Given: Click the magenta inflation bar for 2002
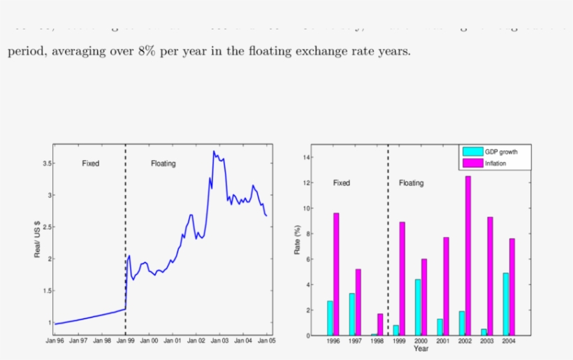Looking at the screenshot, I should [467, 255].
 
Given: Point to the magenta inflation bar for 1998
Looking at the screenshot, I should [380, 324].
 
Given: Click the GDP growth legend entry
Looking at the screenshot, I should [500, 152].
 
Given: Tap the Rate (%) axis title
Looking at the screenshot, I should [297, 240].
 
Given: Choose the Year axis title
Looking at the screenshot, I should [421, 348].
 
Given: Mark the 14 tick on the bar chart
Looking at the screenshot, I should [305, 157].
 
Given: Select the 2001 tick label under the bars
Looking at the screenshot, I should [443, 341].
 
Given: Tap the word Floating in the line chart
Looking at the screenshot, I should [164, 164].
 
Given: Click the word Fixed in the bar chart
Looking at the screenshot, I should [342, 183].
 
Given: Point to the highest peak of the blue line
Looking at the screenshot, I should [214, 151].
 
